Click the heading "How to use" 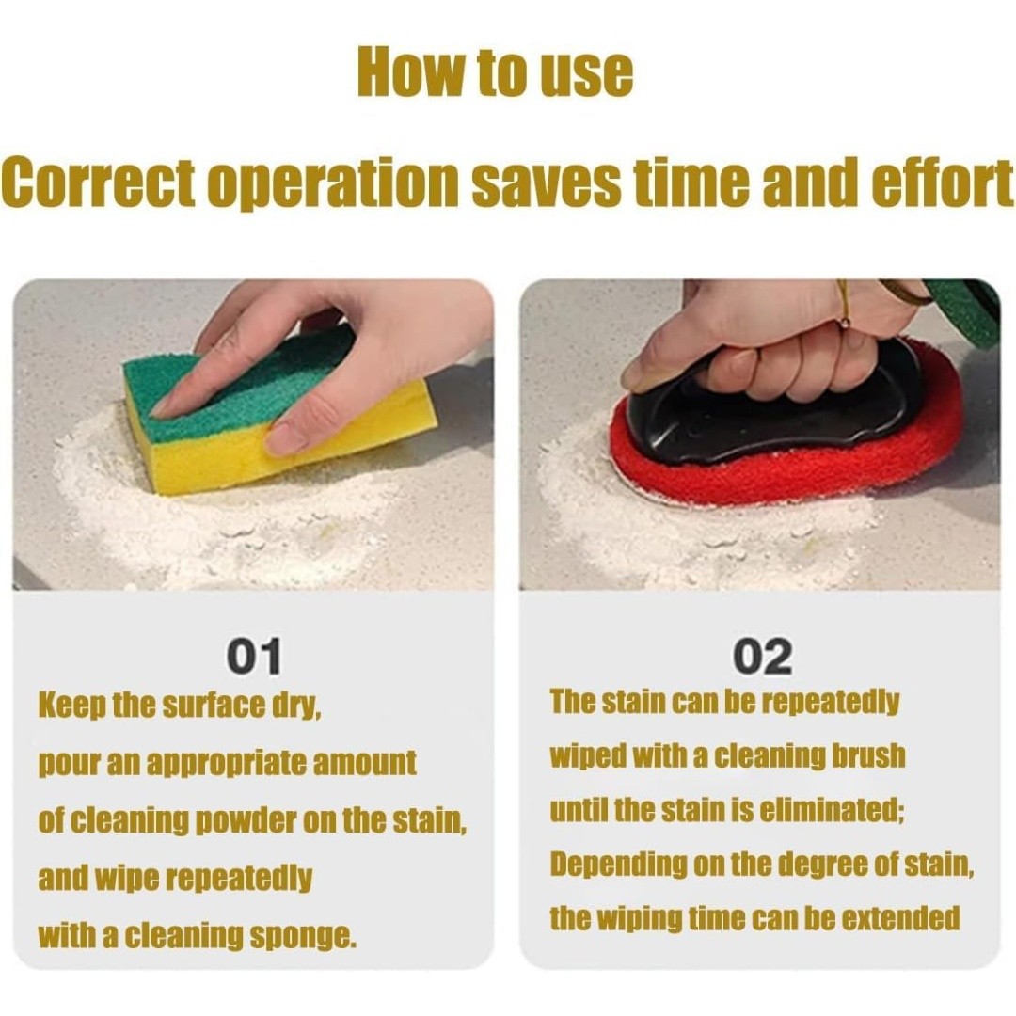pos(495,71)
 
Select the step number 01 pos(254,657)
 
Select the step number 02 pos(762,657)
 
